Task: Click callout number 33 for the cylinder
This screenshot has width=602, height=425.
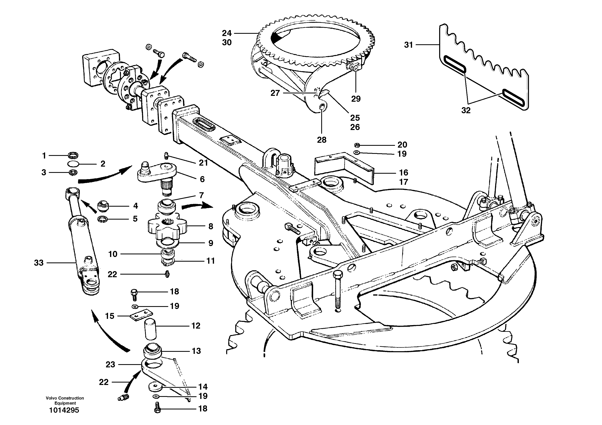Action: [39, 263]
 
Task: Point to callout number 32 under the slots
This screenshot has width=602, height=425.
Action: [466, 111]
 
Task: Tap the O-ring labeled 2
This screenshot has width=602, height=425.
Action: [73, 164]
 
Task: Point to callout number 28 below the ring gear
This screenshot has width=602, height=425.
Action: [322, 140]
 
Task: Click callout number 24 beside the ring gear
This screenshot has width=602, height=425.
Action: [227, 33]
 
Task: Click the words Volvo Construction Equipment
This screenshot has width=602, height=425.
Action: [65, 400]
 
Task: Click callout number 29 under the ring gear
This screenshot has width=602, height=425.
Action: [356, 99]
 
